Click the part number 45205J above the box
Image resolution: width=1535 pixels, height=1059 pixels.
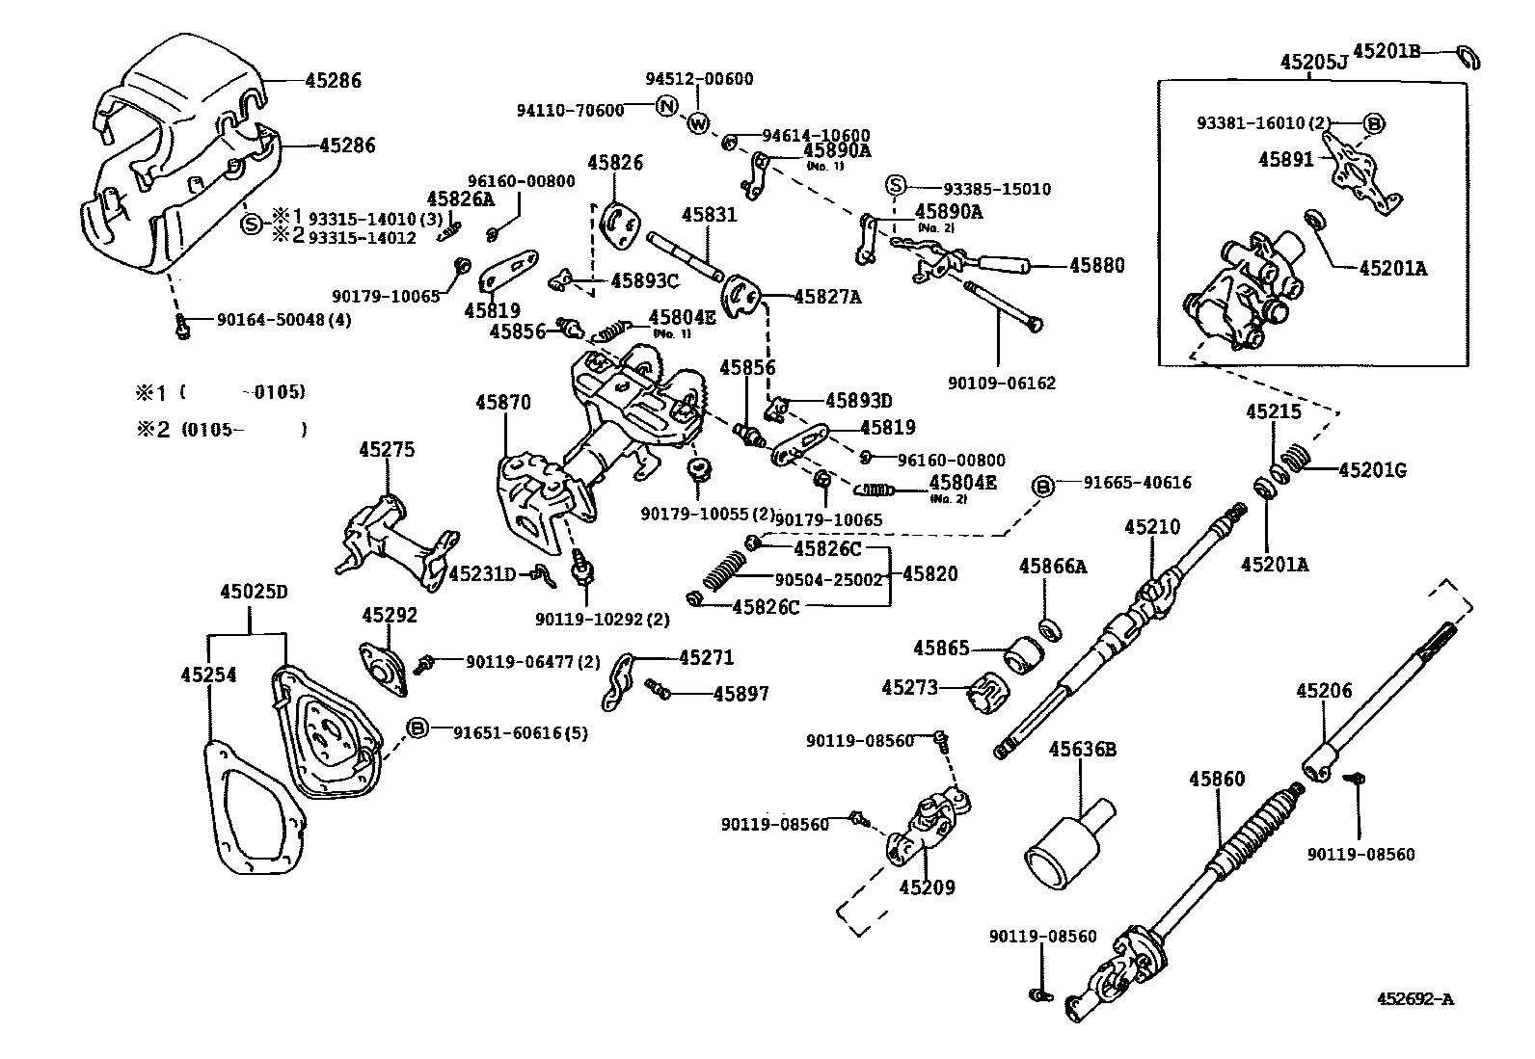(1312, 63)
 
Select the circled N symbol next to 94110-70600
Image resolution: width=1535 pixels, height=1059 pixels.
(665, 106)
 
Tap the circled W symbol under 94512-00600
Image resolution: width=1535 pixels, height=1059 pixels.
(698, 123)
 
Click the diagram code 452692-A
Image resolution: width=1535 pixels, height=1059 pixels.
(1414, 999)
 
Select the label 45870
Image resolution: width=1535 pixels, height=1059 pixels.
(502, 402)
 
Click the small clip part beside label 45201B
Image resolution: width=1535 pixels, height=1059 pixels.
(1468, 57)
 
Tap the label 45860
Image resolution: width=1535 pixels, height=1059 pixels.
(1216, 779)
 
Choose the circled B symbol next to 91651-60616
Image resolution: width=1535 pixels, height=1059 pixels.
(417, 728)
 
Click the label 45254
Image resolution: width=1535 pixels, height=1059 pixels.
(207, 675)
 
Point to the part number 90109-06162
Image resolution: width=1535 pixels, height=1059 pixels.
(1001, 383)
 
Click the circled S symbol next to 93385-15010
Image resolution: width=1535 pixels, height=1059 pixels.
(896, 186)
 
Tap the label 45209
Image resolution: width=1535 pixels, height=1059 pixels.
(927, 887)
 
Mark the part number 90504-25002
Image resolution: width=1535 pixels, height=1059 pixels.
(828, 579)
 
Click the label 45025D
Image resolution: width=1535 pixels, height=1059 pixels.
(253, 591)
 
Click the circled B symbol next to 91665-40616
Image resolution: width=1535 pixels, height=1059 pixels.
(1044, 485)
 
